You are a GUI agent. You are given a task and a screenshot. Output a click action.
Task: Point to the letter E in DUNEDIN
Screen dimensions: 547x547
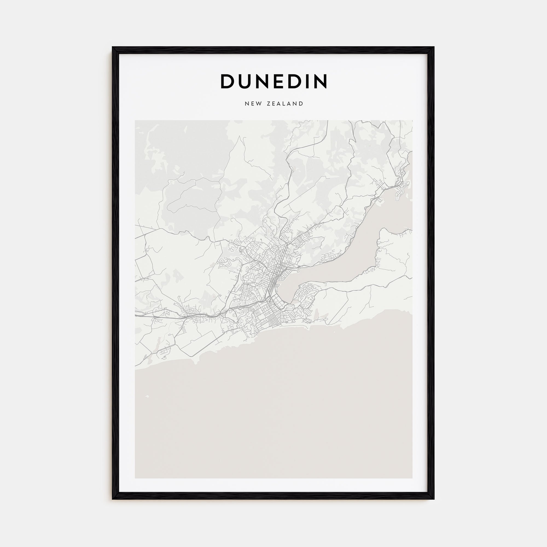click(281, 81)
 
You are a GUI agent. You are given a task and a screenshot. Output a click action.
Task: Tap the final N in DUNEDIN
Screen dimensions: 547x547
click(321, 81)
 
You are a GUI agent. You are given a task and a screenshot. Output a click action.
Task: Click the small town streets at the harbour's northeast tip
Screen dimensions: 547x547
click(402, 187)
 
